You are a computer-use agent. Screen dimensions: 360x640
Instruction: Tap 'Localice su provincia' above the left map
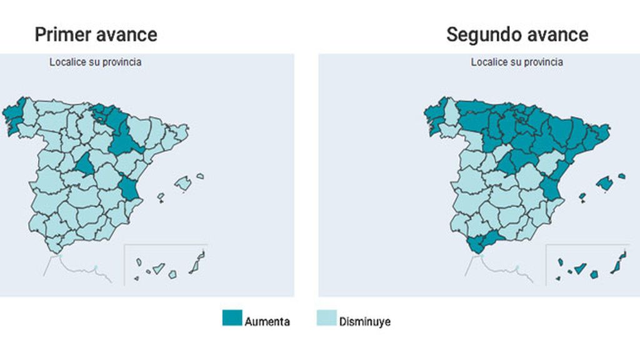(95, 62)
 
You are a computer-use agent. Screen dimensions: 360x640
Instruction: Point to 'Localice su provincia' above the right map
(516, 62)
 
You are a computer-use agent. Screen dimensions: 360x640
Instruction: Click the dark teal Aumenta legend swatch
(232, 318)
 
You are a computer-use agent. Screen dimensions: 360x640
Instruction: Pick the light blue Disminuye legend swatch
(326, 318)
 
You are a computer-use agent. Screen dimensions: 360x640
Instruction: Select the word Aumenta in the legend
(267, 322)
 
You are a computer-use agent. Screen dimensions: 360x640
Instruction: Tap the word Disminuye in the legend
(364, 322)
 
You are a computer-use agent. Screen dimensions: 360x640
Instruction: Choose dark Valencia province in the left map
(130, 187)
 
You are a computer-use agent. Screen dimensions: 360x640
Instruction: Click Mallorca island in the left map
(182, 183)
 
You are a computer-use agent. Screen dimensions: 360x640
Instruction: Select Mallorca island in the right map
(604, 183)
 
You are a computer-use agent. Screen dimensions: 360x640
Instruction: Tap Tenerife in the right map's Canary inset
(581, 268)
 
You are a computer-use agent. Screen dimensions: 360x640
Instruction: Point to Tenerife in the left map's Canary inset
(159, 268)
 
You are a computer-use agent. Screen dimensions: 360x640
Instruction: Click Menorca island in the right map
(621, 176)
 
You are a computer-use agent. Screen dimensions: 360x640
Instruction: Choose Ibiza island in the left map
(161, 197)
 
